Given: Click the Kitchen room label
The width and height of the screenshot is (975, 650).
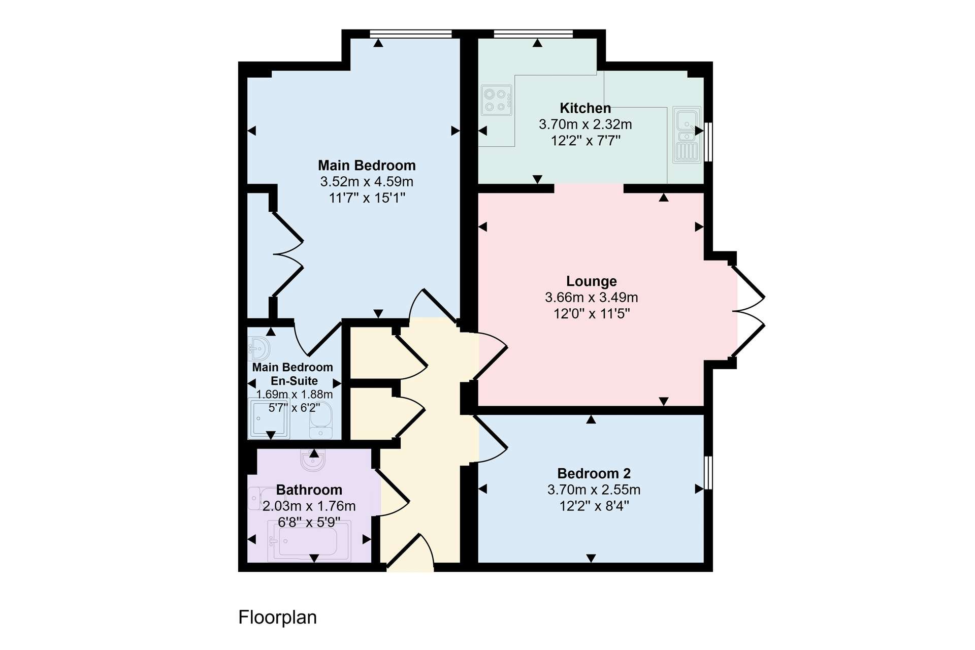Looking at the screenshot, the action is point(585,108).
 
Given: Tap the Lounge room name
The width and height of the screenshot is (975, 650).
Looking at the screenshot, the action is point(592,281).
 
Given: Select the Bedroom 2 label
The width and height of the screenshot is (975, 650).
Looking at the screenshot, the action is point(594,474).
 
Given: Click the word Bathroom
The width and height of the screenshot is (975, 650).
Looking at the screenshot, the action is point(309,490).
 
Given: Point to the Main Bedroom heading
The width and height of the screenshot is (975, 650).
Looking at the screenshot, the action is point(367,166).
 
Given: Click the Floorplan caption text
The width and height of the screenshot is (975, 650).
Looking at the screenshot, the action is point(277,617).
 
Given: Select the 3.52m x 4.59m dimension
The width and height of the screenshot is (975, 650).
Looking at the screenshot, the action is point(367,182).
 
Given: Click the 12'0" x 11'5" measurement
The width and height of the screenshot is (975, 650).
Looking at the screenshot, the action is point(592,314).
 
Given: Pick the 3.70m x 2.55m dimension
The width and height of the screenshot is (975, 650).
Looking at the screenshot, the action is point(594,490).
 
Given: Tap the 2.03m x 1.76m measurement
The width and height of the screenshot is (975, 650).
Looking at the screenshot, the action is point(309,506).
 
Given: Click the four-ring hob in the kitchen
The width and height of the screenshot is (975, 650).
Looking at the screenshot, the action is point(497,100).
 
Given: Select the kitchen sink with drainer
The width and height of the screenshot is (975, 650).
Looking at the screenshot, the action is point(687,135).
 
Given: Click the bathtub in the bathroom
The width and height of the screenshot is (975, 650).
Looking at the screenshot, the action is point(309,541).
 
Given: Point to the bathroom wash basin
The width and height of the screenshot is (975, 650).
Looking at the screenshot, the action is point(311,460).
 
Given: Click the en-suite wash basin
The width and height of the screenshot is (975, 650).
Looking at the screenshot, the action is point(259,348).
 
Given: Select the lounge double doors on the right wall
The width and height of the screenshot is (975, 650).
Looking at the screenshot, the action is point(748,311).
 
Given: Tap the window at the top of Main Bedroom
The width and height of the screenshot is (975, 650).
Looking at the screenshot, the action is point(411,34).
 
